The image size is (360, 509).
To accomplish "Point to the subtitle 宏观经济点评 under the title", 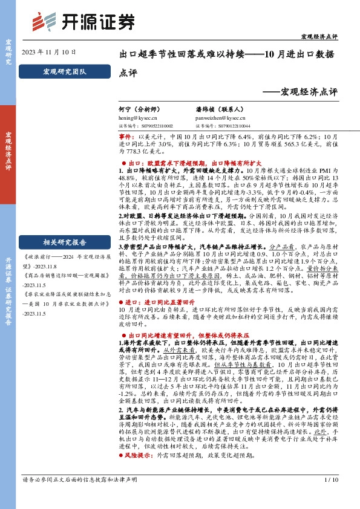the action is tap(309, 92).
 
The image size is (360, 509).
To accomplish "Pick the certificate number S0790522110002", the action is tap(145, 126).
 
